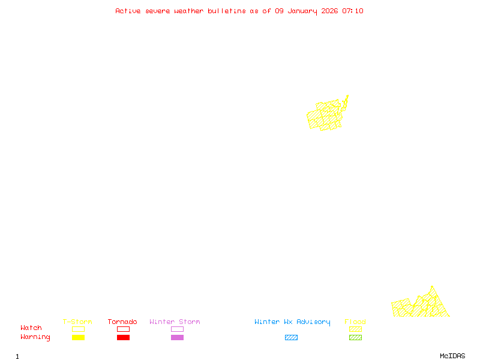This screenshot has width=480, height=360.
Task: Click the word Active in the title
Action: pos(127,11)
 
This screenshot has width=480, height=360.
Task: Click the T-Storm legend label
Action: pos(77,322)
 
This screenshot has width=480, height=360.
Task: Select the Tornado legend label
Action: pos(122,322)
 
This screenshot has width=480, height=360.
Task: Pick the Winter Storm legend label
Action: pos(175,322)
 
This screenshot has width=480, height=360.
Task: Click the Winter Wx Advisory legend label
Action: pos(292,322)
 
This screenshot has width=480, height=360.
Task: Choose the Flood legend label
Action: pos(355,322)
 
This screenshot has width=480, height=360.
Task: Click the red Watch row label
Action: pos(31,328)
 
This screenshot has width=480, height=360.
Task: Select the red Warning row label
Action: pos(35,337)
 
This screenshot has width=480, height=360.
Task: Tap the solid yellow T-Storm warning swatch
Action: pos(78,338)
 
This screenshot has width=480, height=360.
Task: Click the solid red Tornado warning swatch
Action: pos(123,338)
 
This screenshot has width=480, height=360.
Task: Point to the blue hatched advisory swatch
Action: pos(291,338)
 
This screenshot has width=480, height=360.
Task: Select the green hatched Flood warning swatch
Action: pos(355,338)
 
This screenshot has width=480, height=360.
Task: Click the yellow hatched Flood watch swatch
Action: pos(355,329)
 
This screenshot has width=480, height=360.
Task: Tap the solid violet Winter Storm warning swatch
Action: pos(177,338)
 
